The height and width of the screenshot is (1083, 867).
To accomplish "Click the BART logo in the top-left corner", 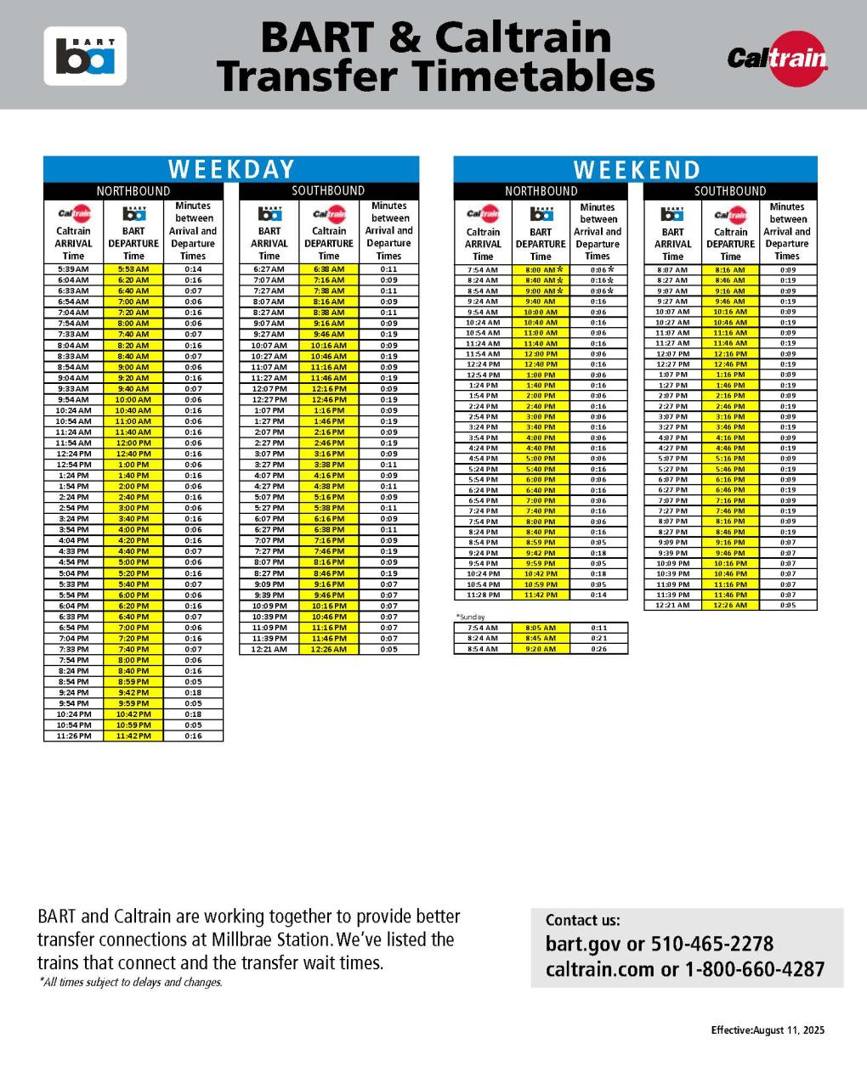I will (85, 56).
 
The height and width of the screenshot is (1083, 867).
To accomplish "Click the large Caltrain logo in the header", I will (777, 58).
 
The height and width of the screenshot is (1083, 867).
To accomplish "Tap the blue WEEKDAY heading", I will (231, 169).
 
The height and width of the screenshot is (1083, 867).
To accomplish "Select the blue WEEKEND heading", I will (636, 170).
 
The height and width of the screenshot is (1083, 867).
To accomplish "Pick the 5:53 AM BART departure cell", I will (133, 269).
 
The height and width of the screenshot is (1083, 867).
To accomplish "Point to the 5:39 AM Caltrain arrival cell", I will (73, 269).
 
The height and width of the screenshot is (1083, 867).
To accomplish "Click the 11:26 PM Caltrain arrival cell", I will (73, 736).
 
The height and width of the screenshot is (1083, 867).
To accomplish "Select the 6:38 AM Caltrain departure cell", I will (329, 269).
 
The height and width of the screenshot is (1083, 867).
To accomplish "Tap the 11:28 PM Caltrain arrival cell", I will (483, 595).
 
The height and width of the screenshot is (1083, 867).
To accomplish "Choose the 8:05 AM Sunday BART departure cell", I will (541, 628).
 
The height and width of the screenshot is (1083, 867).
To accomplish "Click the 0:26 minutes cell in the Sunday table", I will (598, 649).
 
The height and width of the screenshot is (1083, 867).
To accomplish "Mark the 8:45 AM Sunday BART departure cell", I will (541, 638).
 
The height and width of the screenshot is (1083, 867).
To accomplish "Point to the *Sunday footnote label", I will (470, 617).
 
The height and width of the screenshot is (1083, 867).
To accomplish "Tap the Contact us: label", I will (582, 920).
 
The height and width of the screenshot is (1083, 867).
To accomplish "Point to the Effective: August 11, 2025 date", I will (768, 1030).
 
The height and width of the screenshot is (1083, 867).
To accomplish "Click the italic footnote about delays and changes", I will (130, 982).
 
